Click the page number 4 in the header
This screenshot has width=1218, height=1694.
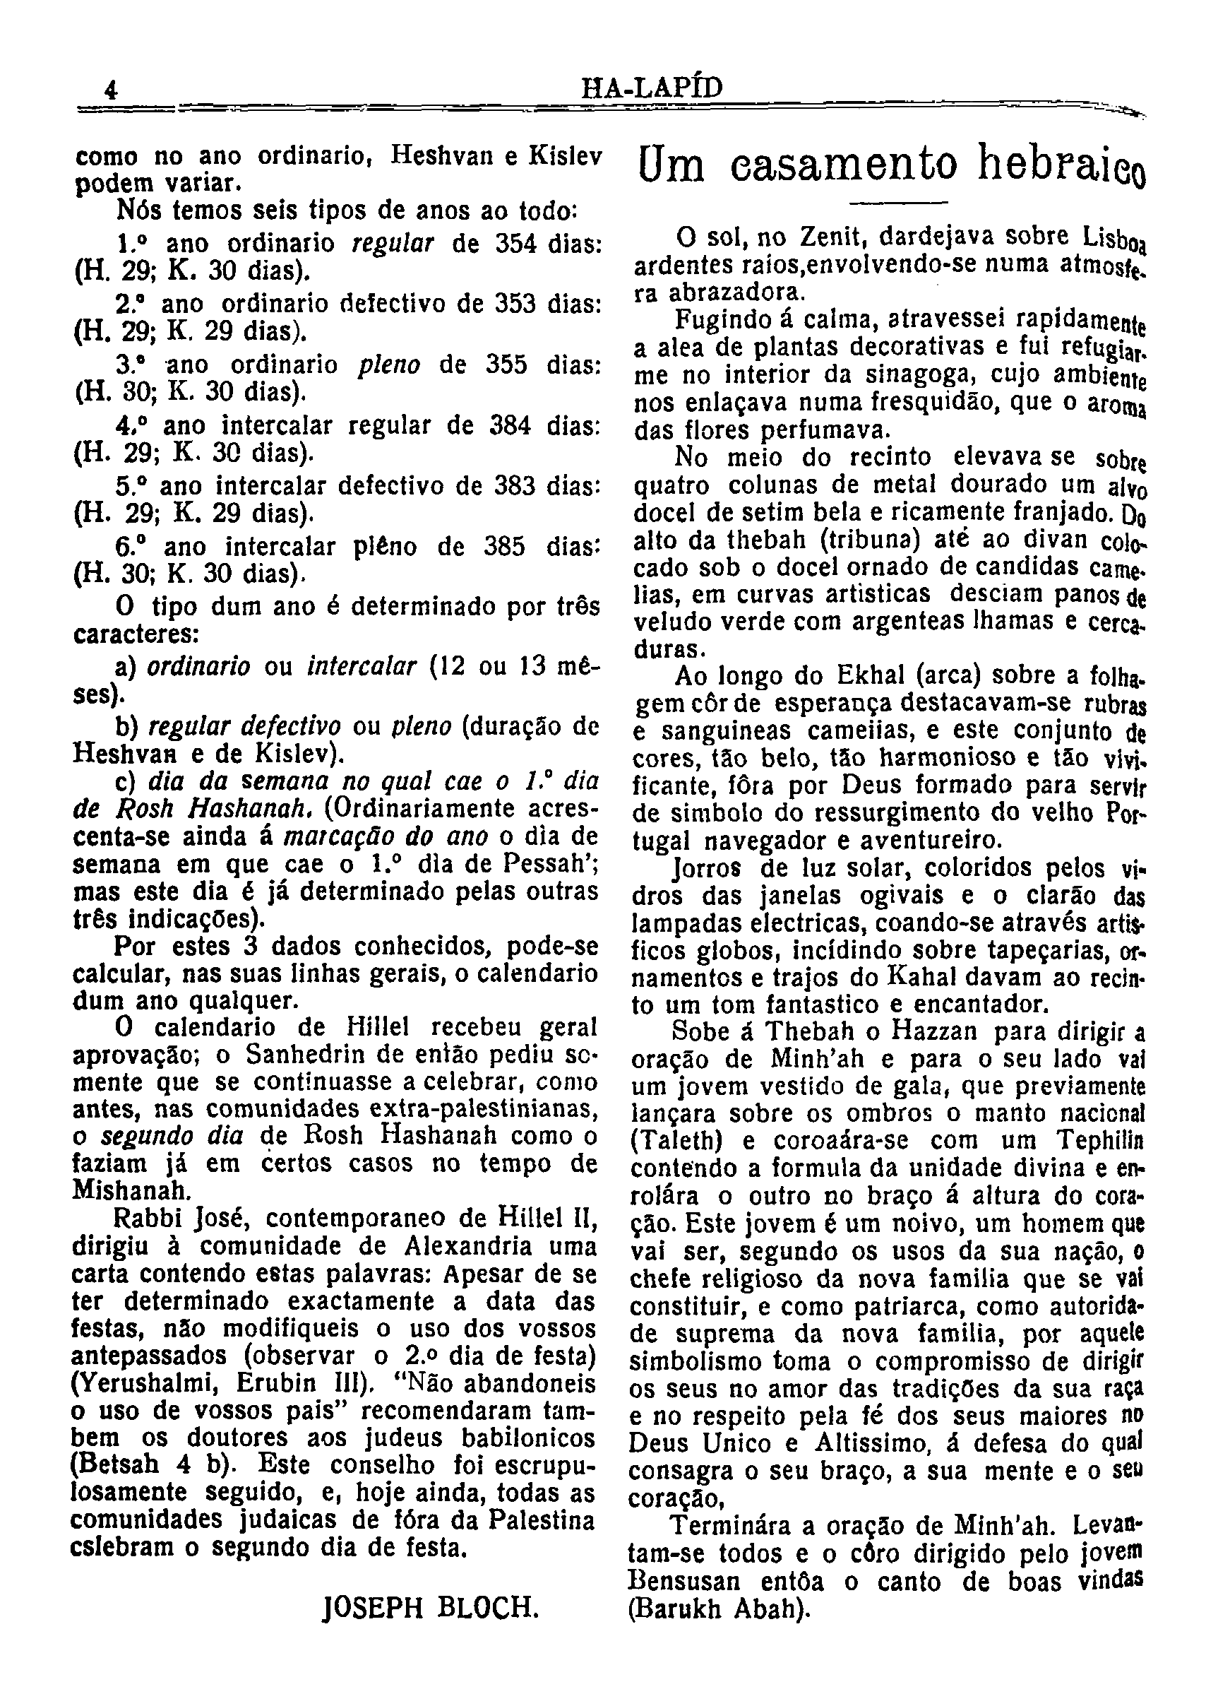[x=112, y=90]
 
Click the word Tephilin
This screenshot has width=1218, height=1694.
[x=1101, y=1141]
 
